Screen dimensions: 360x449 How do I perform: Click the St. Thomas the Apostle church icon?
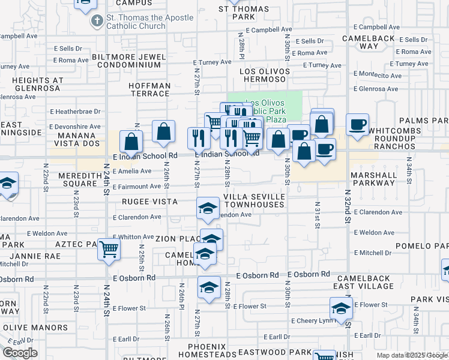97,22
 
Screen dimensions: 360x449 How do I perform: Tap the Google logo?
20,352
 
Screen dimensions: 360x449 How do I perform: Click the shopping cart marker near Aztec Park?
109,248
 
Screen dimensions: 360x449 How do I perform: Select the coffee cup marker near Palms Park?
358,125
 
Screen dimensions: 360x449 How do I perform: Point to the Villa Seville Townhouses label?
253,200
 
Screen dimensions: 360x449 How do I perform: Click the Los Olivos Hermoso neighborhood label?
265,76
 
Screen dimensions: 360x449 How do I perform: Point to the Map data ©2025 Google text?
411,355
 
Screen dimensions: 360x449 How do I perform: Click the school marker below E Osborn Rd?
209,287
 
